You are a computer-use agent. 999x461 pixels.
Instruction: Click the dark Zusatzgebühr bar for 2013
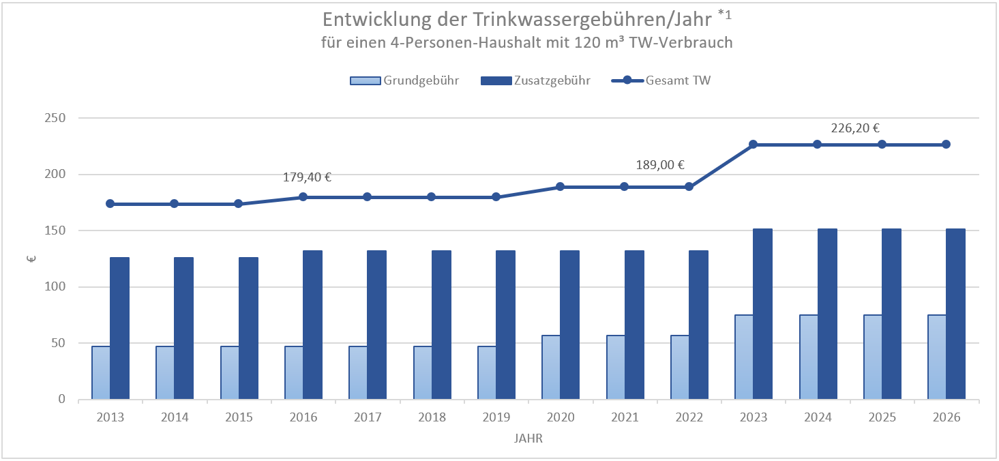coord(119,328)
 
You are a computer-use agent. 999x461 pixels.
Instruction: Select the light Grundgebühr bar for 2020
coord(551,367)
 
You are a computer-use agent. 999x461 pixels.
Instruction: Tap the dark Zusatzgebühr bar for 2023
coord(762,314)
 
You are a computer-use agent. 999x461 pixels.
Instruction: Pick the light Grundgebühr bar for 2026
coord(937,357)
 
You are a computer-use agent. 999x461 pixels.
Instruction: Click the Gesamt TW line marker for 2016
coord(303,197)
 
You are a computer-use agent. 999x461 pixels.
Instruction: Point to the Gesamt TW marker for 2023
coord(753,145)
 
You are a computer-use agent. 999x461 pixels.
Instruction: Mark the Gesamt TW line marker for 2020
coord(560,187)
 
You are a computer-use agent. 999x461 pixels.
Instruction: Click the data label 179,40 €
coord(307,177)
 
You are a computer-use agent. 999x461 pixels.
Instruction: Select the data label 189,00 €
coord(659,164)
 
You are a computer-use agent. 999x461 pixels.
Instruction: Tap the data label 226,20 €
coord(855,128)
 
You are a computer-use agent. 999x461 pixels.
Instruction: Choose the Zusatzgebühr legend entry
coord(535,80)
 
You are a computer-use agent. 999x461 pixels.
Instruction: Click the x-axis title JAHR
coord(528,439)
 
